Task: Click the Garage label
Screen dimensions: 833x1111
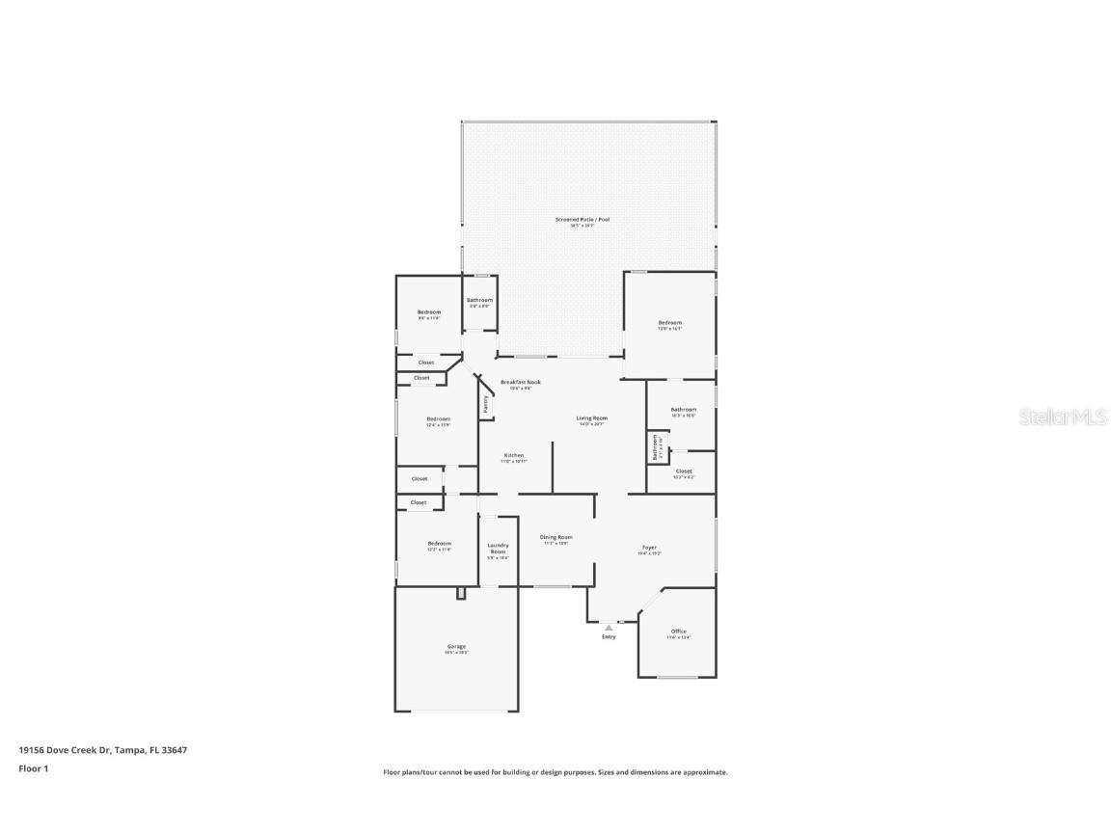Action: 456,647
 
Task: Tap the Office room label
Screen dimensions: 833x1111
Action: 679,631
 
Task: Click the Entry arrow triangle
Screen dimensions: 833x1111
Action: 609,628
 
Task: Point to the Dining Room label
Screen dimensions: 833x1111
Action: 555,537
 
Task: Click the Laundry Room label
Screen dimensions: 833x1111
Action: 497,548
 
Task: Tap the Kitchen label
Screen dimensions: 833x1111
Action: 514,455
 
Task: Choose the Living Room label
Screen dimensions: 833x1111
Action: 590,418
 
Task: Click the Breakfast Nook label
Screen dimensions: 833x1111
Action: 520,382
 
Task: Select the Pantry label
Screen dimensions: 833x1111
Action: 485,405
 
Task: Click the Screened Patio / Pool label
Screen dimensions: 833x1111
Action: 582,219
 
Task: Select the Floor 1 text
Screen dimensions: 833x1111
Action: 33,768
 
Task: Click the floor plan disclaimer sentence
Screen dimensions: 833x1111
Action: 555,772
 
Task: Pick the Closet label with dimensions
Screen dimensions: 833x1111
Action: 683,471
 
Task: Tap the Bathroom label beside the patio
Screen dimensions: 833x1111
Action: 479,300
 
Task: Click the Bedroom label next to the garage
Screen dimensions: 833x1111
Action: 439,544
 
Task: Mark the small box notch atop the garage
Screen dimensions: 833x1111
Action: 461,593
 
